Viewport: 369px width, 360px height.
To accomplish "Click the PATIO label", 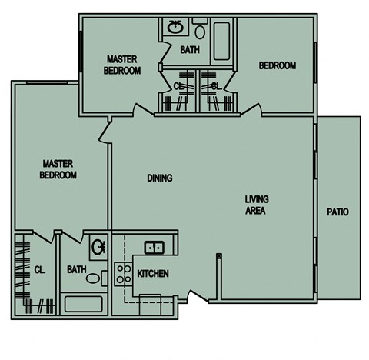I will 337,212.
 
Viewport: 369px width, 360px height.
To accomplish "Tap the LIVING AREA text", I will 256,205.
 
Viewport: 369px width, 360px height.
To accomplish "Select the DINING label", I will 160,178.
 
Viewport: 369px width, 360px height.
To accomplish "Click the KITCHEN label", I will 152,274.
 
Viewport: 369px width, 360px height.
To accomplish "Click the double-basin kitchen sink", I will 154,247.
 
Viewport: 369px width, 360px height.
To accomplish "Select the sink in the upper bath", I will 175,28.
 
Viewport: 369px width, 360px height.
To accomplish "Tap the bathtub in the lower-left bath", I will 84,303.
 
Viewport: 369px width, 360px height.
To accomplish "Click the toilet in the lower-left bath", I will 94,278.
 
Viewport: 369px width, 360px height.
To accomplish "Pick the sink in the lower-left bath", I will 98,248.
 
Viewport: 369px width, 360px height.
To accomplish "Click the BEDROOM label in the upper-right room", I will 277,66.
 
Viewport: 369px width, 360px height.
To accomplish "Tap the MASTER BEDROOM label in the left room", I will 59,169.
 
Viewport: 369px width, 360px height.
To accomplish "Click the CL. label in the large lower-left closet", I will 40,270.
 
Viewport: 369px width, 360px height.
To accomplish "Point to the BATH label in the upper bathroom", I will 190,50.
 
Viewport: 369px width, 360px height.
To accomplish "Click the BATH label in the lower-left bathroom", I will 76,270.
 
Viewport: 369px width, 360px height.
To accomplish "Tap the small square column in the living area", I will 219,255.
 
